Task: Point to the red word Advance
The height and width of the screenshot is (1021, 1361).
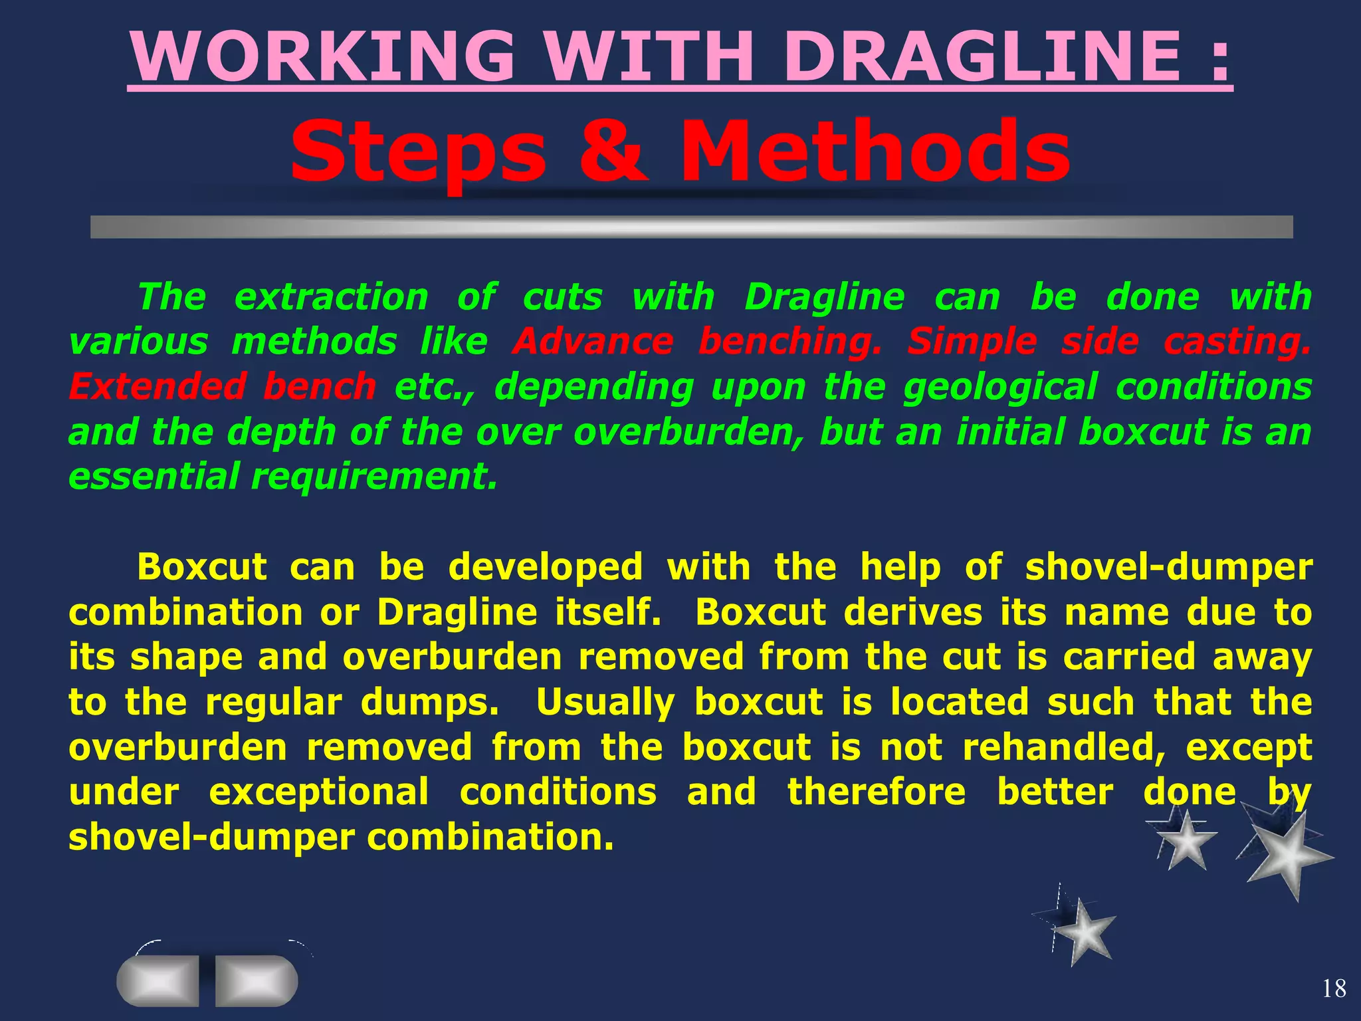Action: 593,342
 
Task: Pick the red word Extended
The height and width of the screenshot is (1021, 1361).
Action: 155,387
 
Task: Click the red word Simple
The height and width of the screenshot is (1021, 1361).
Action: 972,342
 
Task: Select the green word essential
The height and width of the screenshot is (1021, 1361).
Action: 154,477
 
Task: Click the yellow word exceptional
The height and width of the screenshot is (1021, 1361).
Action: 319,793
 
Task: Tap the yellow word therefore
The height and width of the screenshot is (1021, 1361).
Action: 877,792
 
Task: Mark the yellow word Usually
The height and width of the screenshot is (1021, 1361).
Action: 605,703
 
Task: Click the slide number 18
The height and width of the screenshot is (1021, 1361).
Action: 1334,989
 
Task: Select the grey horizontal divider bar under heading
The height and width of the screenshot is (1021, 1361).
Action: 691,227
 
